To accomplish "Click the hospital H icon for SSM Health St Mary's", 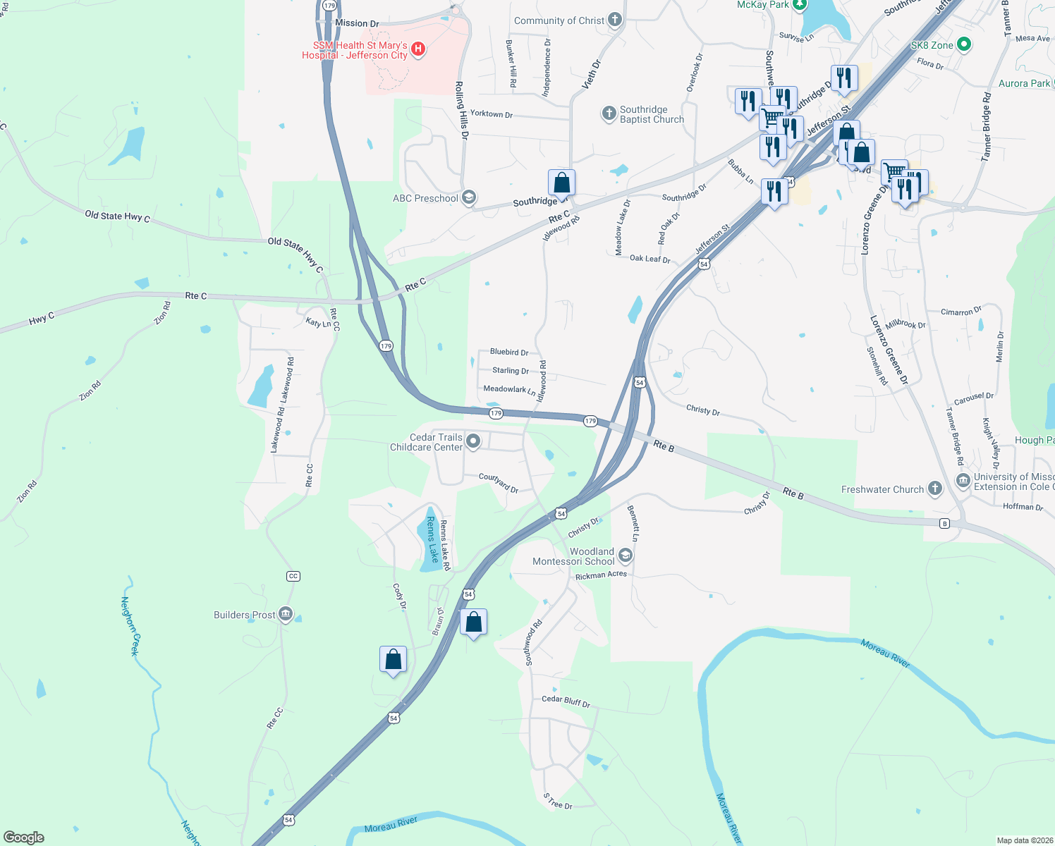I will (x=418, y=49).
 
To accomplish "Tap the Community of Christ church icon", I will (x=615, y=20).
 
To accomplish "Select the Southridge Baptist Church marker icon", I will (x=609, y=114).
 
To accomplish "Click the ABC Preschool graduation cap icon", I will (x=468, y=198).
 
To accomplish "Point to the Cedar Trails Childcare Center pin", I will (x=473, y=441).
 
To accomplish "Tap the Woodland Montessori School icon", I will (x=625, y=556).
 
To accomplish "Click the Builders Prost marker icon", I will (x=286, y=614).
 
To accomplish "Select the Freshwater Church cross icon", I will (x=934, y=489).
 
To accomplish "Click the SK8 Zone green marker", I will (x=963, y=45).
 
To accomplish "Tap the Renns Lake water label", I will (x=431, y=539).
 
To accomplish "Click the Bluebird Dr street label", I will (x=508, y=352).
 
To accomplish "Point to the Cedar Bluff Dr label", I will (x=566, y=701).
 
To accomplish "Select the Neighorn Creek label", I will (x=130, y=626).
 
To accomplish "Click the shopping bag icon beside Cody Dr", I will (x=393, y=660).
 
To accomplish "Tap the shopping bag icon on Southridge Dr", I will (x=561, y=183).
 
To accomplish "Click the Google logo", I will (x=24, y=837).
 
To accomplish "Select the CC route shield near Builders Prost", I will (x=293, y=576).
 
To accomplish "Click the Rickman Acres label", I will (x=601, y=575).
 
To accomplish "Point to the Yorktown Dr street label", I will (x=491, y=114).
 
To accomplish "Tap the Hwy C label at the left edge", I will (x=42, y=319).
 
